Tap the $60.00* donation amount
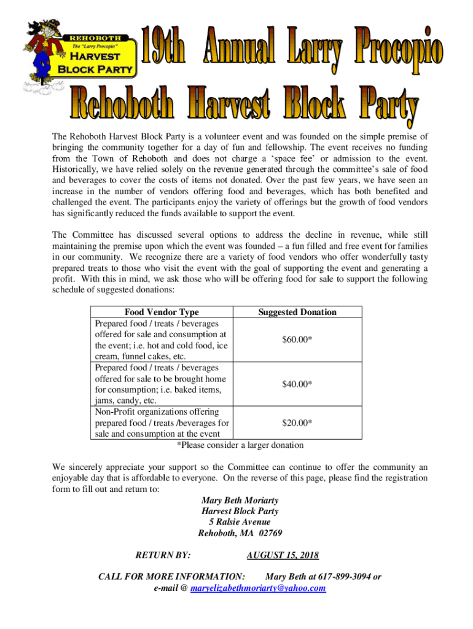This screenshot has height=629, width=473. tap(297, 340)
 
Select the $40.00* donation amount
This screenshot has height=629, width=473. tap(297, 384)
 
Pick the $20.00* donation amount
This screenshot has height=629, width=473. tap(297, 423)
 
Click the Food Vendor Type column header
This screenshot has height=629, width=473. tap(162, 312)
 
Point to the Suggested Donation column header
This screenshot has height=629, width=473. tap(297, 312)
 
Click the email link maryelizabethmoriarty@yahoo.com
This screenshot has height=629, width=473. tap(259, 588)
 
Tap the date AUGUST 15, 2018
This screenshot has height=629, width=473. tap(283, 555)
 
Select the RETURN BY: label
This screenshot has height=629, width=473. tap(162, 555)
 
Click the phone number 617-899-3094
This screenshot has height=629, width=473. tap(345, 577)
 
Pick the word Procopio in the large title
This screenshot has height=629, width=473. tap(399, 46)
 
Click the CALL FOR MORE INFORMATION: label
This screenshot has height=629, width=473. tap(172, 577)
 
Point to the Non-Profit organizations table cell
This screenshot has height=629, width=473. tap(162, 423)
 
